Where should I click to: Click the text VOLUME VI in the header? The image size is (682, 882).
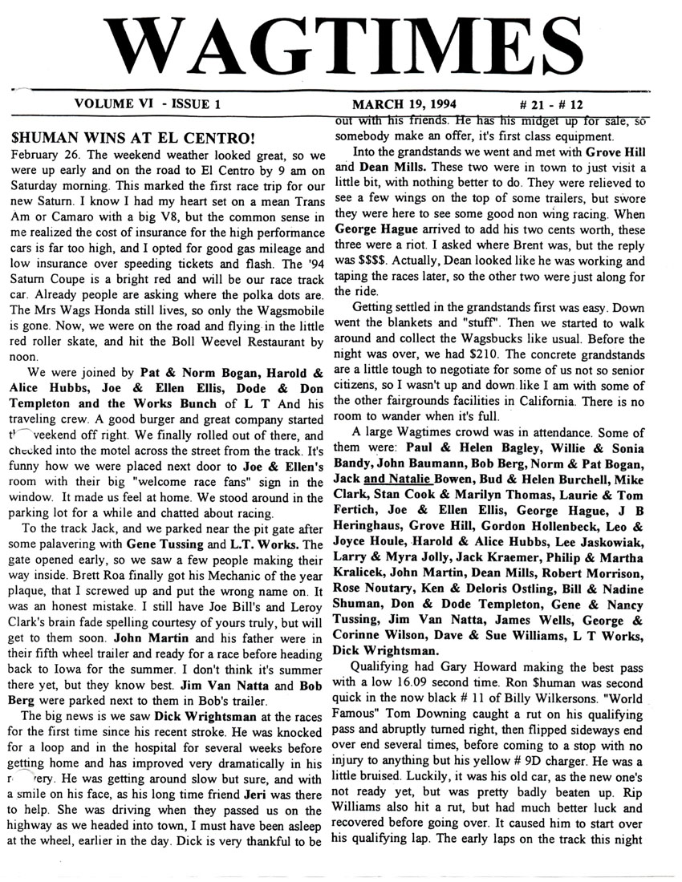[x=111, y=104]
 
